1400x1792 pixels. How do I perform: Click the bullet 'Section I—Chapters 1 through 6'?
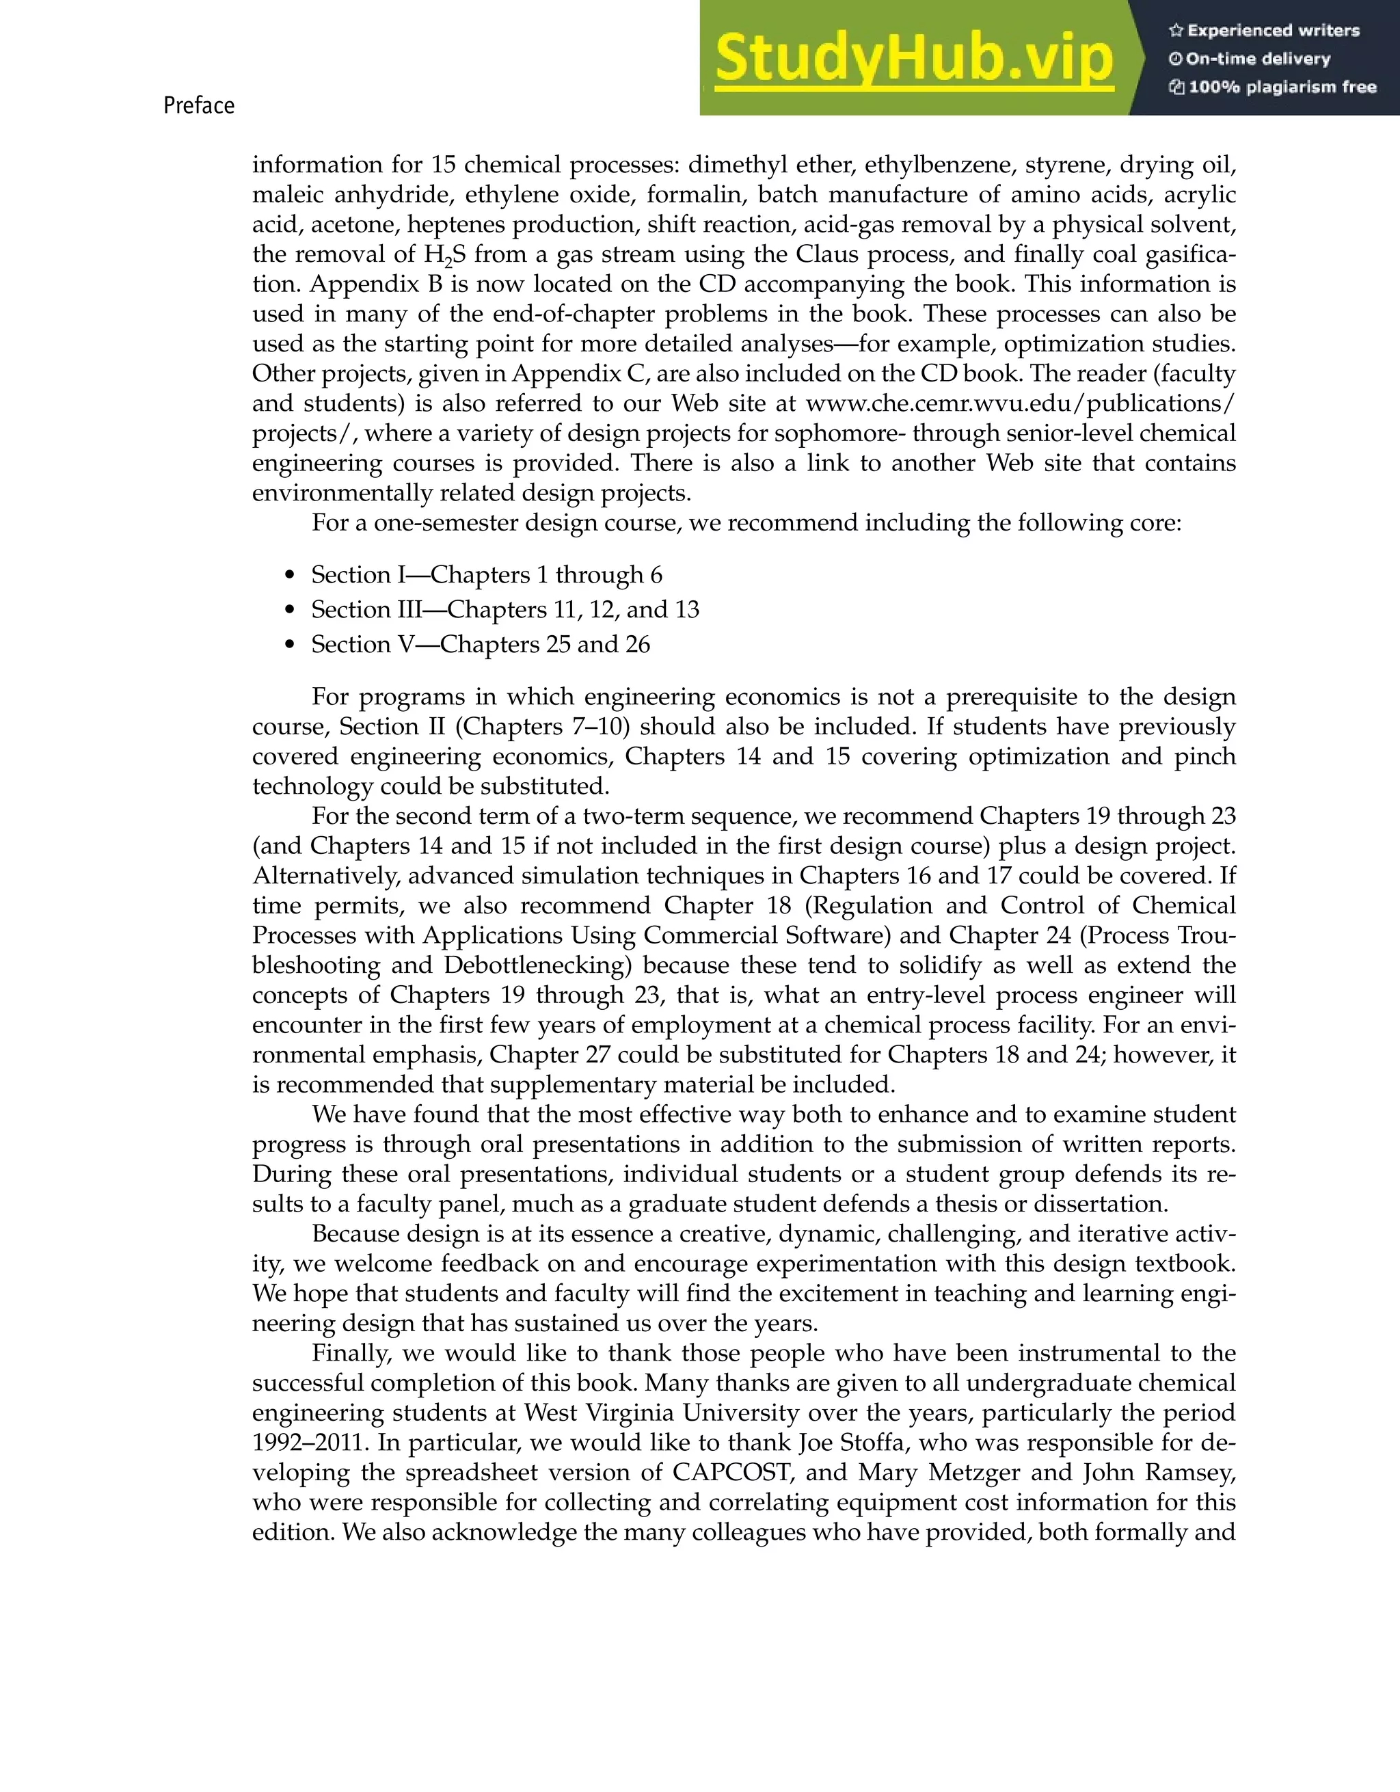[x=486, y=574]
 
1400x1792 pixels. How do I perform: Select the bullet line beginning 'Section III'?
[x=504, y=610]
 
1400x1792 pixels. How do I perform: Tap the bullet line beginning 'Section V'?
[x=480, y=645]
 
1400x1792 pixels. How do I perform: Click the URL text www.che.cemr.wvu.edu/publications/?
[x=1019, y=403]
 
